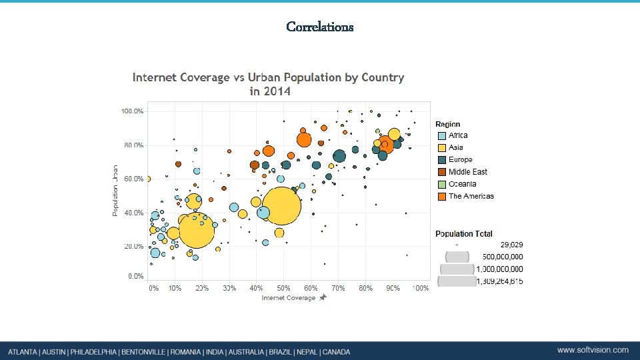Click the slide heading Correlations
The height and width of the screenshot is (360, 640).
point(320,27)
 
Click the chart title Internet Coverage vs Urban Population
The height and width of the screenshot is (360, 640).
point(268,84)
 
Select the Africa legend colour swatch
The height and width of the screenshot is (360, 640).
point(441,136)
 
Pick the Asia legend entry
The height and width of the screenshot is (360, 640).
point(456,147)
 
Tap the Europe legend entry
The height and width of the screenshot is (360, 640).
point(460,159)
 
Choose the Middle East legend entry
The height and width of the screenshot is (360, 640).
point(467,172)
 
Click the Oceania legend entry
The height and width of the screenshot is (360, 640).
point(462,184)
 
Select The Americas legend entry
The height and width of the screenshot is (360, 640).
point(471,196)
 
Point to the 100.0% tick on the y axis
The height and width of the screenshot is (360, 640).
point(132,111)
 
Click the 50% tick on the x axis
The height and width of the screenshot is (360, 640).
point(283,289)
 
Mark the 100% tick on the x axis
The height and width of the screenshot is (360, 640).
point(420,289)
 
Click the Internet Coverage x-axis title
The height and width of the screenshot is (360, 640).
point(288,298)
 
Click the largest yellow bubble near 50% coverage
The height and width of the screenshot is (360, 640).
point(282,207)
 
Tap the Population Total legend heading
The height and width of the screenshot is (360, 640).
point(464,234)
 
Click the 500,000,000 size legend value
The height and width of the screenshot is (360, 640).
point(499,257)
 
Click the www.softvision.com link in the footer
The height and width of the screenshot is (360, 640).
point(593,350)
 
